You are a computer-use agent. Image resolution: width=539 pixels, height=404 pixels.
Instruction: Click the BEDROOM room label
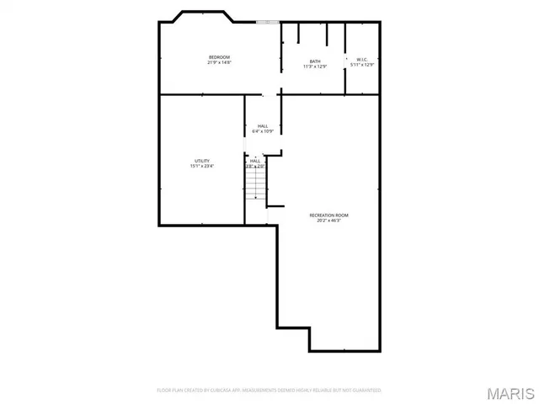219,56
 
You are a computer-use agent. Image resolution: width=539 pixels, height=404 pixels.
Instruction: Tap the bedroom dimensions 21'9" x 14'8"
219,62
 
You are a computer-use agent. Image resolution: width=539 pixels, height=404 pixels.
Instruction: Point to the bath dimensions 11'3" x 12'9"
315,66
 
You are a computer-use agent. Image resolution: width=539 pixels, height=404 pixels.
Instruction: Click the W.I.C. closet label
361,59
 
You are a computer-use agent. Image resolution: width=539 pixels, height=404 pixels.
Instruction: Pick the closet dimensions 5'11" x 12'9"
361,65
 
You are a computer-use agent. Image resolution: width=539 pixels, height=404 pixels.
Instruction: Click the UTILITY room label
202,160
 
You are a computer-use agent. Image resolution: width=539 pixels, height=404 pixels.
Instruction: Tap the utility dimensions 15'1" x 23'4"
202,166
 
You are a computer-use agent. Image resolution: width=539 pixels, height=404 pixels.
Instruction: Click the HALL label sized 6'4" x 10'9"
263,125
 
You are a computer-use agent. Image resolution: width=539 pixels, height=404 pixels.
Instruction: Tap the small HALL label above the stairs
254,160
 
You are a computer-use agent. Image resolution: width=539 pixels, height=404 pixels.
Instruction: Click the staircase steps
255,184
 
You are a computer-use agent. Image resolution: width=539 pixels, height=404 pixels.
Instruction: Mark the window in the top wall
268,22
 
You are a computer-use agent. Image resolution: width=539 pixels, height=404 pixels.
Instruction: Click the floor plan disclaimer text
269,391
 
